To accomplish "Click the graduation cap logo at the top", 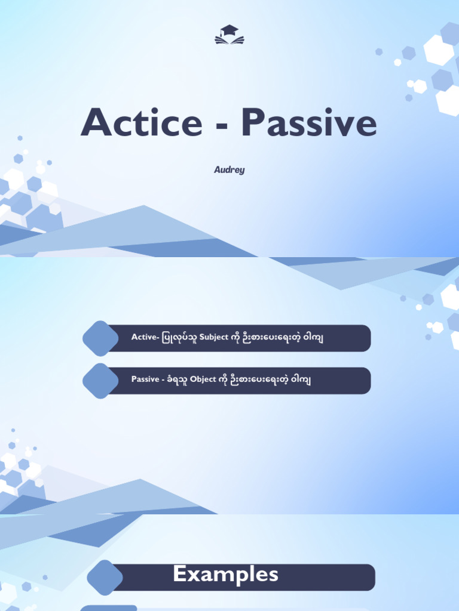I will (229, 35).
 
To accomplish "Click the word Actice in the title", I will (142, 124).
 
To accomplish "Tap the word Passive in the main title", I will (310, 124).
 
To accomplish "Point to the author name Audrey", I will (229, 170).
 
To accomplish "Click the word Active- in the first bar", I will (145, 338).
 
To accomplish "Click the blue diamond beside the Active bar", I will (101, 338).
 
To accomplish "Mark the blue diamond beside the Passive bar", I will (101, 381).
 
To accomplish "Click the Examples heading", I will (226, 575).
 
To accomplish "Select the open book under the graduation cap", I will (229, 41).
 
